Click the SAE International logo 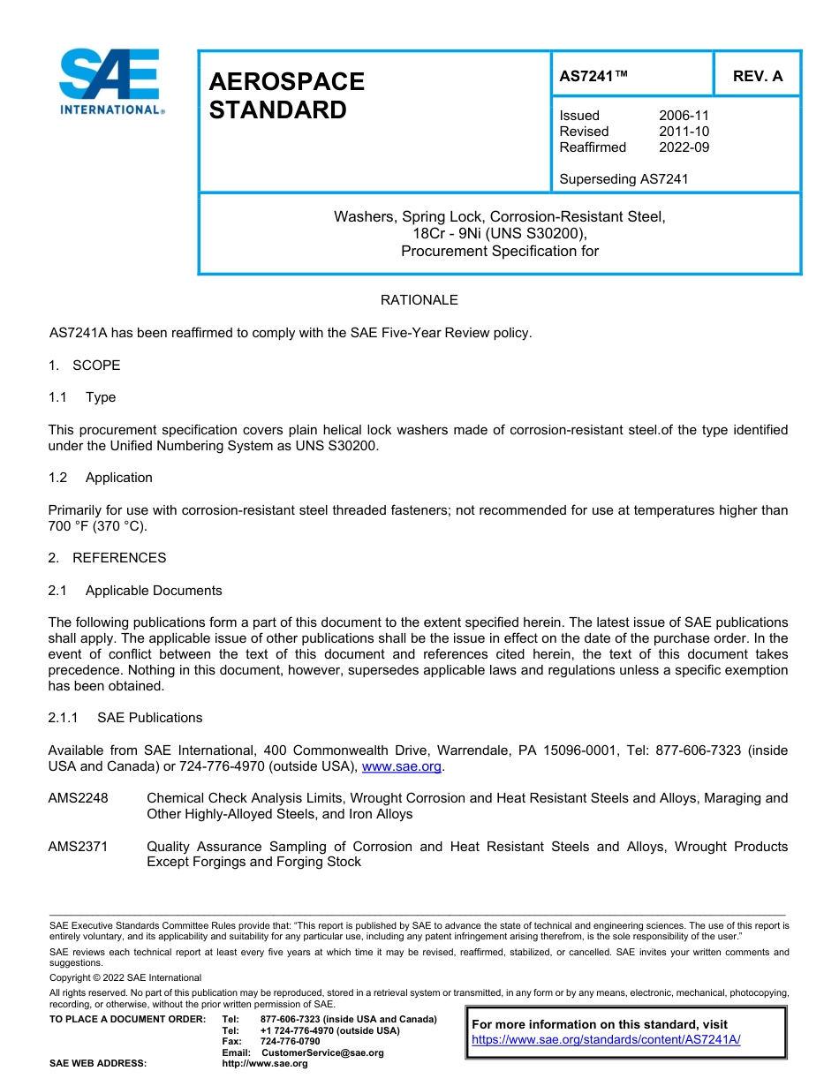[110, 81]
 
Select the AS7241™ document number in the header [593, 76]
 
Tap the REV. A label [758, 76]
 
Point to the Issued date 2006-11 [684, 116]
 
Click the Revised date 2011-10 [684, 132]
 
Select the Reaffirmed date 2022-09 [684, 147]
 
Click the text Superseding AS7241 [624, 179]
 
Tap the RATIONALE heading [419, 300]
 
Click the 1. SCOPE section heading [84, 366]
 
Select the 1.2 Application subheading [101, 478]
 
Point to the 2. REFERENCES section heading [107, 558]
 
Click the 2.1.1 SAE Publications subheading [125, 718]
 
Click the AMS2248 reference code [78, 798]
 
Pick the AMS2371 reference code [78, 847]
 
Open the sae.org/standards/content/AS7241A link [606, 1039]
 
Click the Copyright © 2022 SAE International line [125, 977]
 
